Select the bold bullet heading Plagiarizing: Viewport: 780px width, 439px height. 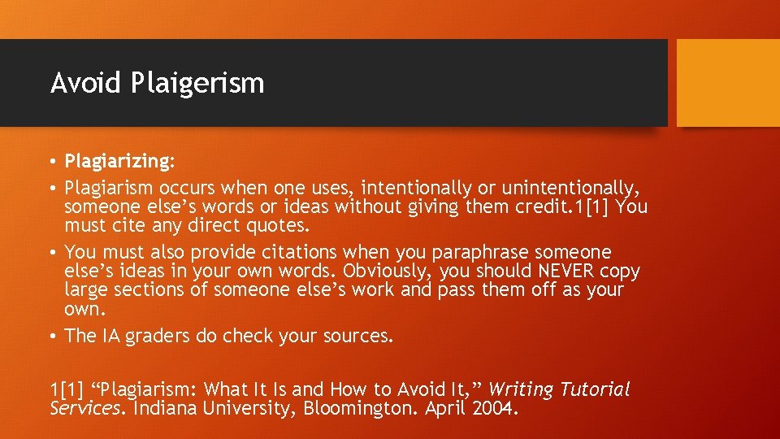(x=119, y=161)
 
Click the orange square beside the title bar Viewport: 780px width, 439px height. (x=728, y=83)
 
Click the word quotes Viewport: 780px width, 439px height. (x=275, y=225)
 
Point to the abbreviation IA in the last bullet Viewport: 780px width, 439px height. (x=110, y=336)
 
